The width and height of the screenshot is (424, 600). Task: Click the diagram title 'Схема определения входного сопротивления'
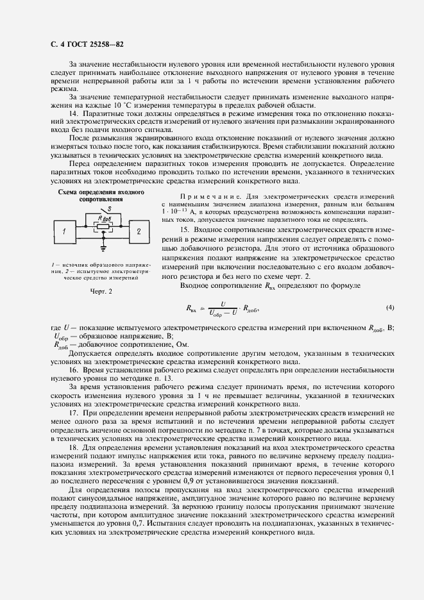click(101, 196)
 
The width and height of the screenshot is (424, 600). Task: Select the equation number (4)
click(390, 308)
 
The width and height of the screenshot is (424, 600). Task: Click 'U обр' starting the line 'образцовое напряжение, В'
click(58, 337)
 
